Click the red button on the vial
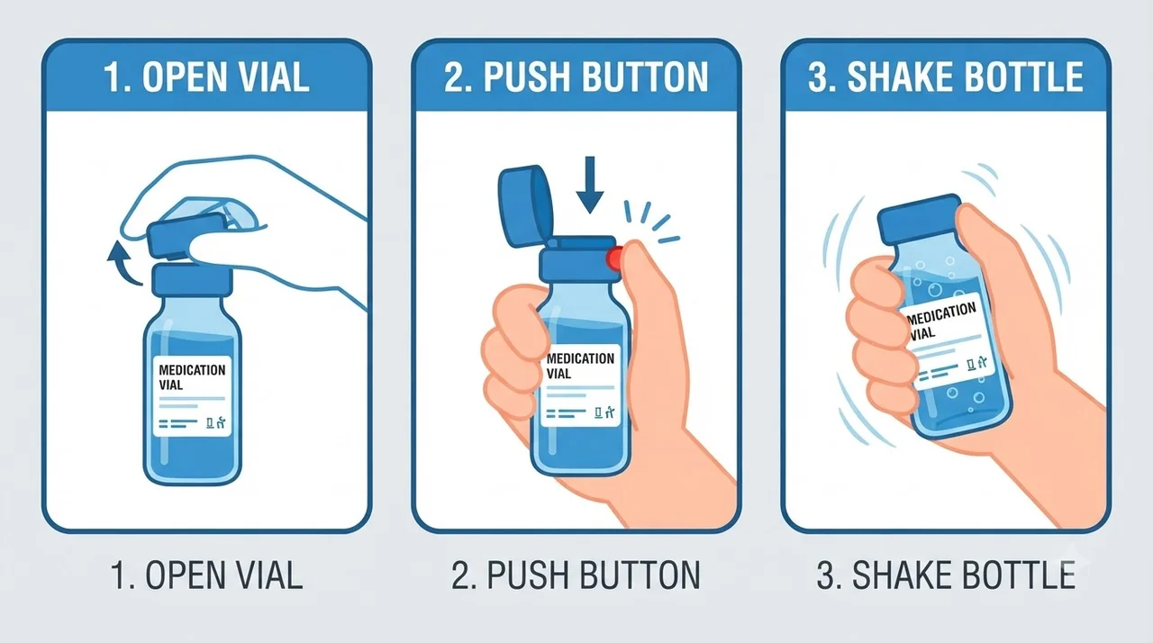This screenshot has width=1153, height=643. click(x=614, y=258)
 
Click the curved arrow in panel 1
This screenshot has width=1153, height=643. click(x=123, y=263)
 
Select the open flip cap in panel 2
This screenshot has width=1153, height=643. click(x=525, y=204)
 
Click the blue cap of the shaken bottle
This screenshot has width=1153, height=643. click(x=919, y=219)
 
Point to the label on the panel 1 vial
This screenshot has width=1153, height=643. click(x=192, y=395)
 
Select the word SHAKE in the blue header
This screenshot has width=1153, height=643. click(x=894, y=77)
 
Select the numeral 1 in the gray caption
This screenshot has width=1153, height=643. click(x=120, y=575)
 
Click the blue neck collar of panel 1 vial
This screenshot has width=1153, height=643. click(x=192, y=281)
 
